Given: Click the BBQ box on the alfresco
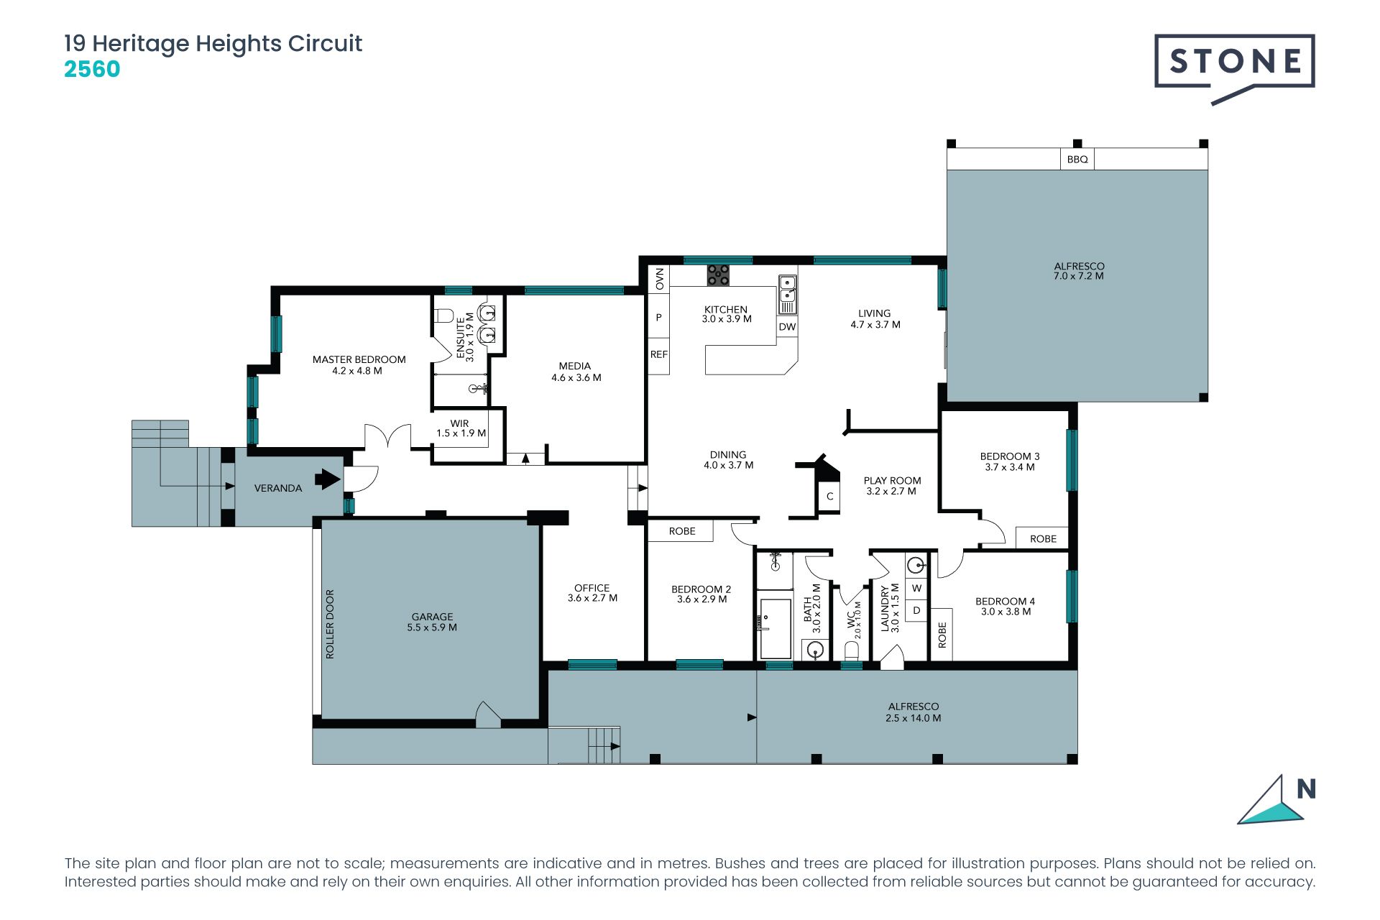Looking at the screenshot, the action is click(x=1077, y=159).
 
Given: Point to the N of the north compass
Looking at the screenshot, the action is click(x=1306, y=789).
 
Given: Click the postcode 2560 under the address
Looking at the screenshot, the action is click(x=92, y=70).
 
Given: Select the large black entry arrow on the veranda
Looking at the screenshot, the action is click(x=328, y=479).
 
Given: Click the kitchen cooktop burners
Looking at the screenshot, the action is click(x=717, y=275).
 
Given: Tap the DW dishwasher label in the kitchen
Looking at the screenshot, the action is click(x=788, y=326).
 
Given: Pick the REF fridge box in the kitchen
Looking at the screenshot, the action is click(x=659, y=354).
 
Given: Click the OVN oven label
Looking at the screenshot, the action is click(x=659, y=278).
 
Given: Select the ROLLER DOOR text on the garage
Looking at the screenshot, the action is click(x=330, y=624).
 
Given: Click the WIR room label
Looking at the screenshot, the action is click(x=459, y=423).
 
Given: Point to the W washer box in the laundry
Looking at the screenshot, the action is click(x=916, y=588).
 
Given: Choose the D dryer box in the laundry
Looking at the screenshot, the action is click(x=916, y=610).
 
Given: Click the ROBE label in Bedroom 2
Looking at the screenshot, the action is click(x=682, y=531).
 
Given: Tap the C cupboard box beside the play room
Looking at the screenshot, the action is click(x=829, y=496).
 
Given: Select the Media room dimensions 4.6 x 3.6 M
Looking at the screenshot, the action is click(x=576, y=377).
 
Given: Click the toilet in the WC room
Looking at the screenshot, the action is click(x=851, y=650).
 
